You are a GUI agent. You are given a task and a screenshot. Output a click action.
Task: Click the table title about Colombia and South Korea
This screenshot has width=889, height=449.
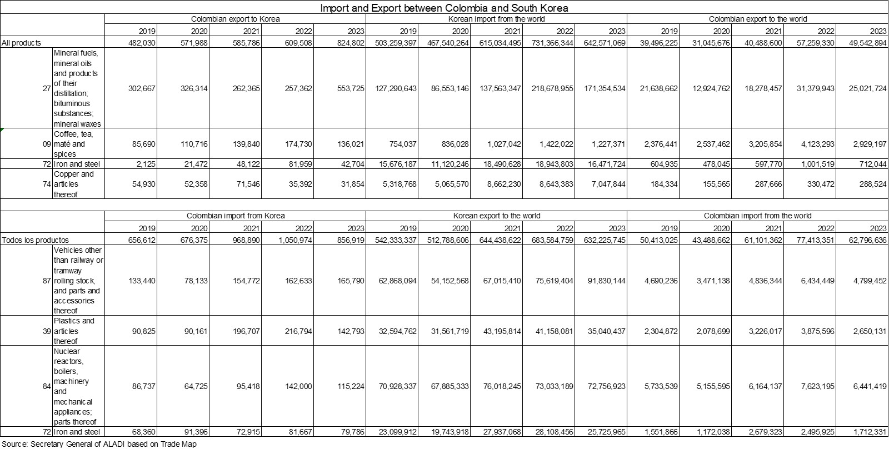444,8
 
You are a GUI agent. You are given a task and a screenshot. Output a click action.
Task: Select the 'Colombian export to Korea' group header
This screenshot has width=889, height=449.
235,19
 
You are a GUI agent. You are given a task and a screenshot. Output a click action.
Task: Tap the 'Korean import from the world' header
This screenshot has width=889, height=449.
496,19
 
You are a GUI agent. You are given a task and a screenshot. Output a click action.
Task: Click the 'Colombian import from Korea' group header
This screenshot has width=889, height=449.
235,216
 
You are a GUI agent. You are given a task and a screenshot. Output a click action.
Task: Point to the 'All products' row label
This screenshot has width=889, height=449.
22,43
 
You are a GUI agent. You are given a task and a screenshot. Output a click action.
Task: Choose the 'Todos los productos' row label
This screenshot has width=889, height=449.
36,240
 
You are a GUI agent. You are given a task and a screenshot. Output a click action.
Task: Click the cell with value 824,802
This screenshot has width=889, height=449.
351,43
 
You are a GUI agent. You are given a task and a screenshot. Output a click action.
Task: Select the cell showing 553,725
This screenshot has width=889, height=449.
351,88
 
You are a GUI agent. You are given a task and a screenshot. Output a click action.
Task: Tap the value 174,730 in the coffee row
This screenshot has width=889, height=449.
298,144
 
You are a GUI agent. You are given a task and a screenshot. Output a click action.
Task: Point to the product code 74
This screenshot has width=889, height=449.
47,184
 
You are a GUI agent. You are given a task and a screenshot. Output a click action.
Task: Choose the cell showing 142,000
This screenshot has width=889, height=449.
298,386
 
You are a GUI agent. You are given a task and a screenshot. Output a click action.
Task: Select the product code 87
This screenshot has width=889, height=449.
47,281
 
